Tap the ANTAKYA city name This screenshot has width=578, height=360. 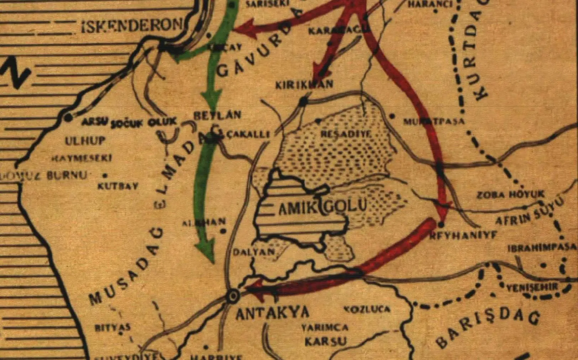pyautogui.click(x=272, y=313)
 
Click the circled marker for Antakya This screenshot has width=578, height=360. pyautogui.click(x=233, y=296)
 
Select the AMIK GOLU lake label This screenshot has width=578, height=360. pyautogui.click(x=322, y=207)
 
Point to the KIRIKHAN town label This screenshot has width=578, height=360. pyautogui.click(x=304, y=85)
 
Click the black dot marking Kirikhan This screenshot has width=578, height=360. pyautogui.click(x=303, y=102)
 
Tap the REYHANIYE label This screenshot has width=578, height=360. pyautogui.click(x=463, y=235)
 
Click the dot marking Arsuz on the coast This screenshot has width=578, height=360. pyautogui.click(x=68, y=117)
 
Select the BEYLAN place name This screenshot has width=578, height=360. pyautogui.click(x=217, y=115)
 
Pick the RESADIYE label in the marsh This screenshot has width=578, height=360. pyautogui.click(x=346, y=134)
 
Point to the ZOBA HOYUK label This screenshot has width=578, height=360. pyautogui.click(x=511, y=195)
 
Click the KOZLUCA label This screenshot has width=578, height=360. pyautogui.click(x=367, y=309)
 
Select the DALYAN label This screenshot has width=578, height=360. pyautogui.click(x=254, y=252)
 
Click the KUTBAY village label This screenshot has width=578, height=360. pyautogui.click(x=118, y=186)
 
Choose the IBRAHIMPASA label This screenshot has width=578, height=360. pyautogui.click(x=541, y=248)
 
